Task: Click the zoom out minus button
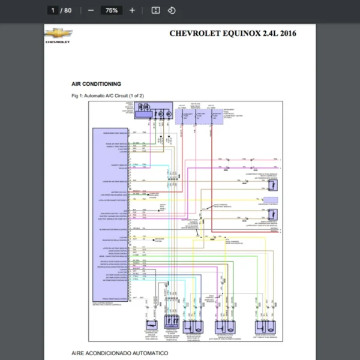(x=91, y=10)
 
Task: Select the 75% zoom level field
(x=111, y=10)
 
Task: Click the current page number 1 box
(x=53, y=10)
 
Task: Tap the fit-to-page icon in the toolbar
(x=155, y=10)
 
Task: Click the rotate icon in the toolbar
(x=172, y=10)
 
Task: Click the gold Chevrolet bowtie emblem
(x=58, y=34)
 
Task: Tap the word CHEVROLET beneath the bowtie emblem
(x=58, y=43)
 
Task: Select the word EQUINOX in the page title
(x=238, y=34)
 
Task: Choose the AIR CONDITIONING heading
(x=96, y=84)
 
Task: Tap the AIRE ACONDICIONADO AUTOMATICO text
(x=120, y=354)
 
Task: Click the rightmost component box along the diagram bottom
(x=263, y=326)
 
